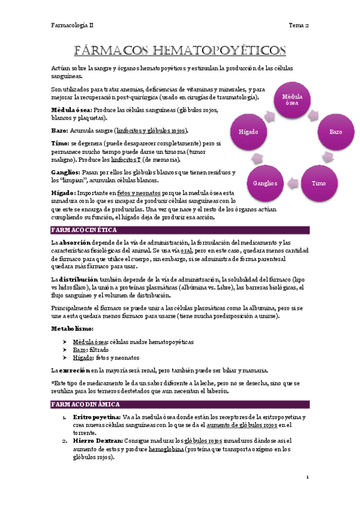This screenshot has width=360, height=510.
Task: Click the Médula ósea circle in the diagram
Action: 292,99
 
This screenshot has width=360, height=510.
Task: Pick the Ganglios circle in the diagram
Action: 266,182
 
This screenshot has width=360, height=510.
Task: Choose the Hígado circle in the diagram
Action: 249,131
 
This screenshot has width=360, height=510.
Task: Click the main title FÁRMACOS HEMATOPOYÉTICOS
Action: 180,49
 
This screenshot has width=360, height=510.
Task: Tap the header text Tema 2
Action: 299,26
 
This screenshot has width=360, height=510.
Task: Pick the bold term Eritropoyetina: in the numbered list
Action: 96,416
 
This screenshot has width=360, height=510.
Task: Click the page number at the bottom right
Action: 307,478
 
